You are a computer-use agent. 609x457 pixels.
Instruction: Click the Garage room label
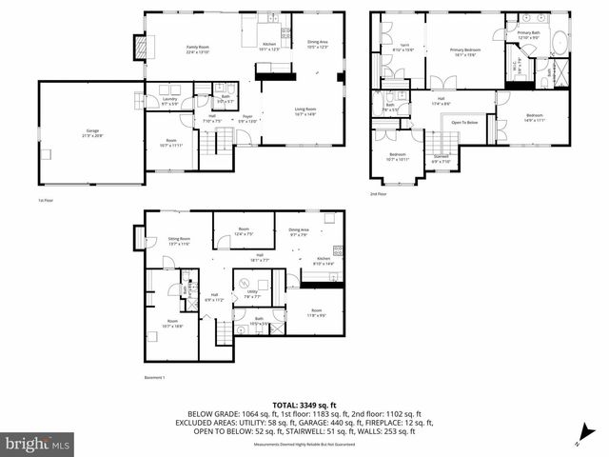[91, 135]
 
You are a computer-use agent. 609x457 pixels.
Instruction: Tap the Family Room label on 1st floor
[197, 49]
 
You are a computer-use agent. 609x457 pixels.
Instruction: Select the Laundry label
[170, 100]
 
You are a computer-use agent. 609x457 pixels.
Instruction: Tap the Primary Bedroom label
[465, 53]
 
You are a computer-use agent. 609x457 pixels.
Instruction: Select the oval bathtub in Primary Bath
[559, 43]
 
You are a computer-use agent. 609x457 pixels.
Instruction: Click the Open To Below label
[464, 122]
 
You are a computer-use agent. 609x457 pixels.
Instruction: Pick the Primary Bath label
[528, 36]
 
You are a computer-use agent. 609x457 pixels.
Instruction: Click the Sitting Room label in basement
[179, 242]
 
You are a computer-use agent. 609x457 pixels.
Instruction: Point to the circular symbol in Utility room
[243, 283]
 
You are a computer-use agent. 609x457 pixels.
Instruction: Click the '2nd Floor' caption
[380, 193]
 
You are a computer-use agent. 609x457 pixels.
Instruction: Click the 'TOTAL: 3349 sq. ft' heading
[304, 405]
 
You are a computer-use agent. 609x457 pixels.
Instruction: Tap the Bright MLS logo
[37, 444]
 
